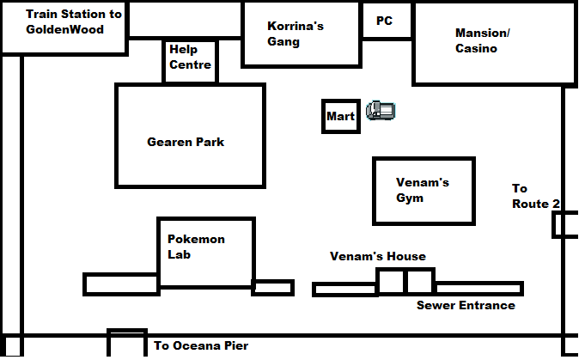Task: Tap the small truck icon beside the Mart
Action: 381,111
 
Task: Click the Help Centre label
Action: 190,57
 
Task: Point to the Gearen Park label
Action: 186,142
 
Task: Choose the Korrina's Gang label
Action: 296,34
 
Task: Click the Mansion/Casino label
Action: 483,40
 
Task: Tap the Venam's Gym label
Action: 423,190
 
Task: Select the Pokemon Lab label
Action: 196,247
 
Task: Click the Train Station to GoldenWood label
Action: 74,21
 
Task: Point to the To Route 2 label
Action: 536,196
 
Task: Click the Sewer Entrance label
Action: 466,305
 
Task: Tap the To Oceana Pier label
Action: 201,345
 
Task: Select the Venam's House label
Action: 378,256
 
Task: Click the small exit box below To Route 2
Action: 554,224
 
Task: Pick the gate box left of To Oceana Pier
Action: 108,342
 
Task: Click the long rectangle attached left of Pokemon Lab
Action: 121,275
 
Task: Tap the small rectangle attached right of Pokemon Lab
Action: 272,281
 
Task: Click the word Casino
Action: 476,48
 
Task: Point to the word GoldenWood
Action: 64,29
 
